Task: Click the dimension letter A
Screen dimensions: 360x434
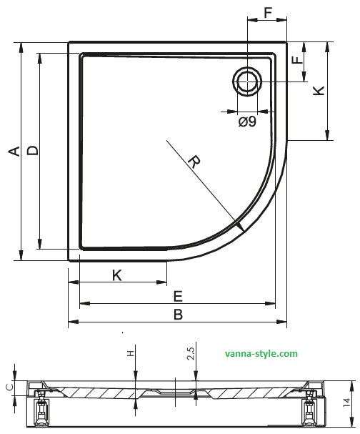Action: (15, 151)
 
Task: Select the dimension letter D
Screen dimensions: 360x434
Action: (33, 151)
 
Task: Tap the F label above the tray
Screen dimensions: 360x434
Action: (268, 12)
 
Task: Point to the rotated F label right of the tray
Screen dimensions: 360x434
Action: (298, 60)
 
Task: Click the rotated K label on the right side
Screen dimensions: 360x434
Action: (319, 91)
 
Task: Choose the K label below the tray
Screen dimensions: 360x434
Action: (117, 275)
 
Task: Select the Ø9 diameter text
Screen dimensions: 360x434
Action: (247, 122)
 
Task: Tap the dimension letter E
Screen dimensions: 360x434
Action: (179, 297)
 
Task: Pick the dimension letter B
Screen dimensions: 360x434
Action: (179, 315)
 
